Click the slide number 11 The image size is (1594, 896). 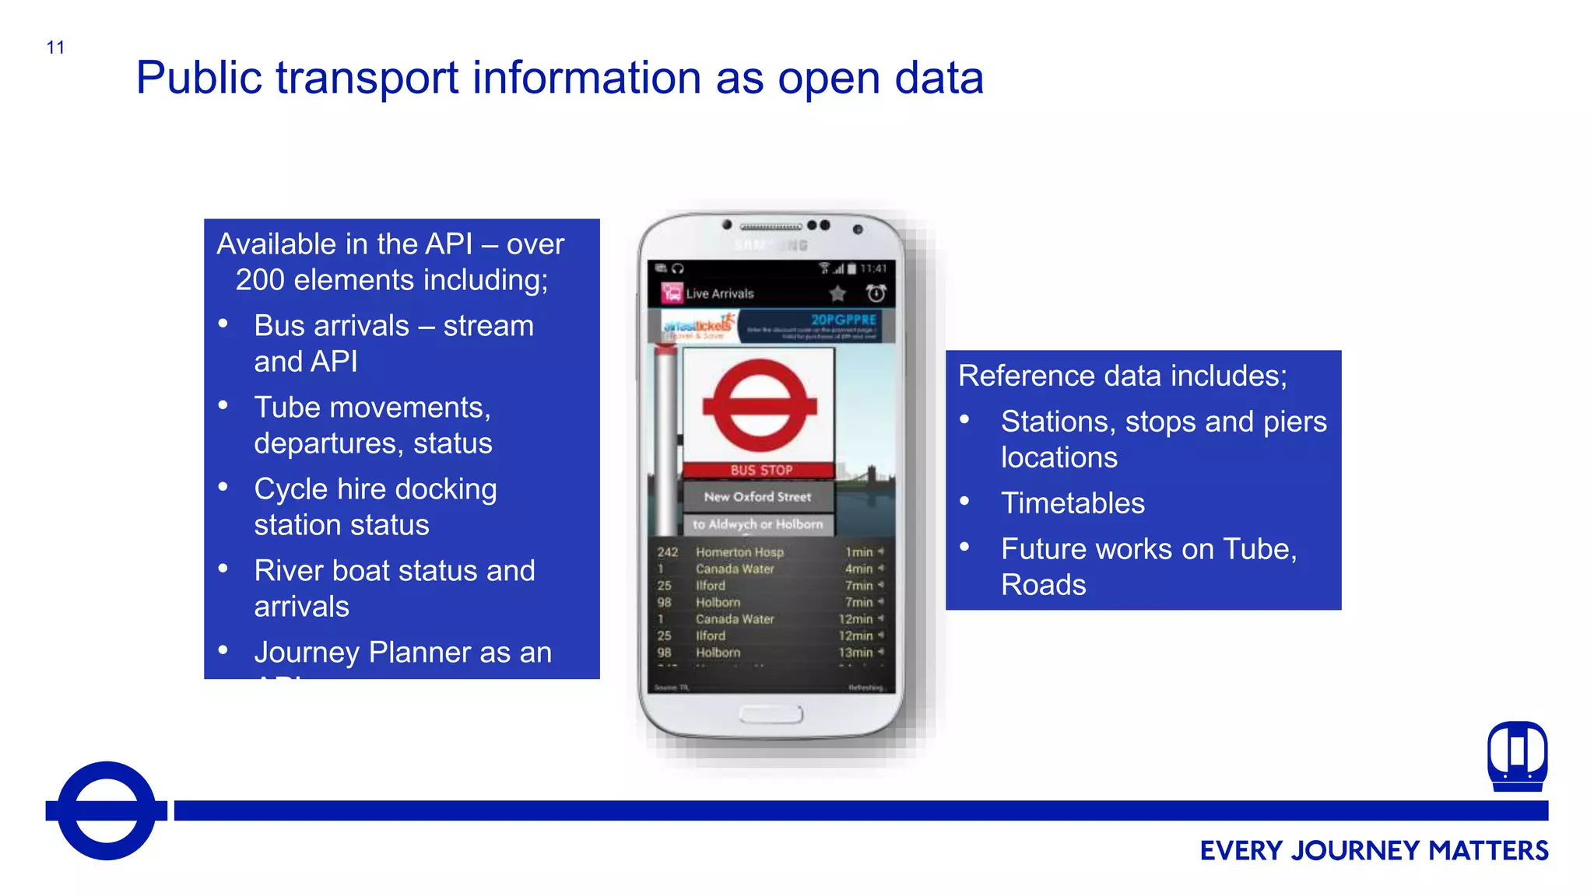pos(55,47)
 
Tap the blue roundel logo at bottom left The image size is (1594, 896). pos(107,810)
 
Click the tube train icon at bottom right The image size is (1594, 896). pos(1517,756)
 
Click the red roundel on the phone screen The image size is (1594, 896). pos(759,406)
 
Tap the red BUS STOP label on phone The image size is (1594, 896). pos(760,470)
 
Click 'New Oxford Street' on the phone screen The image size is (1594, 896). pos(757,496)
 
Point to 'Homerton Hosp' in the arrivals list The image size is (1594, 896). pos(739,552)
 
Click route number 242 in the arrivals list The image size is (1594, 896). pos(667,552)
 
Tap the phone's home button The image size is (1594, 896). pos(771,714)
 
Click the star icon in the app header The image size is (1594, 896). pos(837,293)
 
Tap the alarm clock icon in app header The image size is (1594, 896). pos(876,293)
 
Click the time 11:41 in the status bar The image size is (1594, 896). pos(873,268)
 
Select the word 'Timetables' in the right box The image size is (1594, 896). pos(1073,503)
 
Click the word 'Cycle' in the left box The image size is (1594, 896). pos(290,489)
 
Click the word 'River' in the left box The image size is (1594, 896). pos(288,571)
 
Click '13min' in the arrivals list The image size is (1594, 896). pos(855,653)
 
